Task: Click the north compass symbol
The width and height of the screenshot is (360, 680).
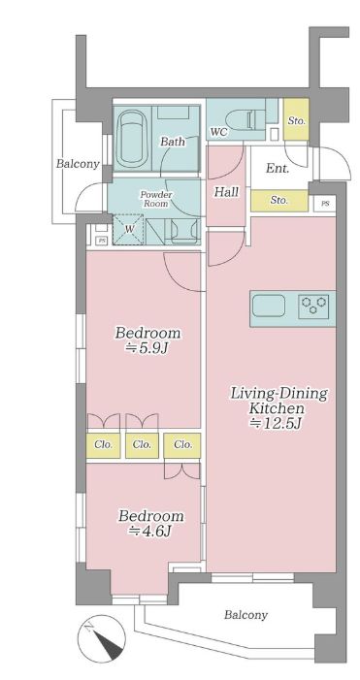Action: pyautogui.click(x=102, y=638)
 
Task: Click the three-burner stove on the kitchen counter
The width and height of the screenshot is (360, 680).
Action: pyautogui.click(x=313, y=304)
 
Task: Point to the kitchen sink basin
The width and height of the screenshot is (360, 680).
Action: pyautogui.click(x=270, y=306)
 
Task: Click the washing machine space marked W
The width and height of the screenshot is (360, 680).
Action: pyautogui.click(x=129, y=229)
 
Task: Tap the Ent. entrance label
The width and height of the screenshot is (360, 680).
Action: pyautogui.click(x=278, y=169)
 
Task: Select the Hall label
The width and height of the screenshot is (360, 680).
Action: pyautogui.click(x=226, y=192)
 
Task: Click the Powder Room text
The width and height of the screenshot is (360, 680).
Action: pyautogui.click(x=155, y=199)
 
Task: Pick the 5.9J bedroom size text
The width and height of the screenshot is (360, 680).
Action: pyautogui.click(x=147, y=348)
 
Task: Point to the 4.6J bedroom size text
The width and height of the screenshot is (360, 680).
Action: pyautogui.click(x=148, y=531)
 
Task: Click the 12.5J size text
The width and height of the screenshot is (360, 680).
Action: pyautogui.click(x=278, y=423)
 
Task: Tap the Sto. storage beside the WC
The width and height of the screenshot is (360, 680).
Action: pyautogui.click(x=296, y=119)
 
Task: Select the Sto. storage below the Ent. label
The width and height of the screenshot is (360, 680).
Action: pyautogui.click(x=279, y=201)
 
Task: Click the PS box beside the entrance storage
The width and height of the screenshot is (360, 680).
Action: pyautogui.click(x=325, y=204)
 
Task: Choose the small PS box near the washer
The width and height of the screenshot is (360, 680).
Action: pyautogui.click(x=102, y=240)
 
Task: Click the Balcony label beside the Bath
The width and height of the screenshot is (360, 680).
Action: pyautogui.click(x=78, y=164)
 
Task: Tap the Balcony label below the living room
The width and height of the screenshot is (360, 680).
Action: pyautogui.click(x=245, y=614)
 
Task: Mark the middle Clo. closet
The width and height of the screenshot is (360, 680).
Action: pyautogui.click(x=142, y=445)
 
